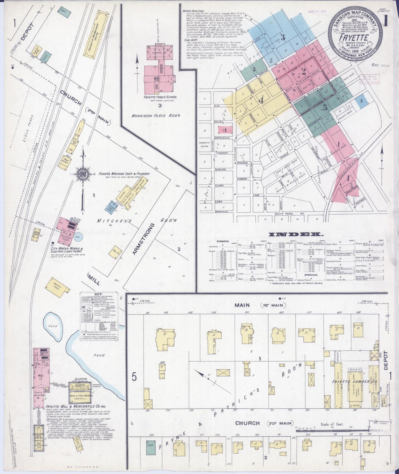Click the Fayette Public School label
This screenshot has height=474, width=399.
pyautogui.click(x=160, y=97)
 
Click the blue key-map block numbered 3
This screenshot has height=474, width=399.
pyautogui.click(x=282, y=37)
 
